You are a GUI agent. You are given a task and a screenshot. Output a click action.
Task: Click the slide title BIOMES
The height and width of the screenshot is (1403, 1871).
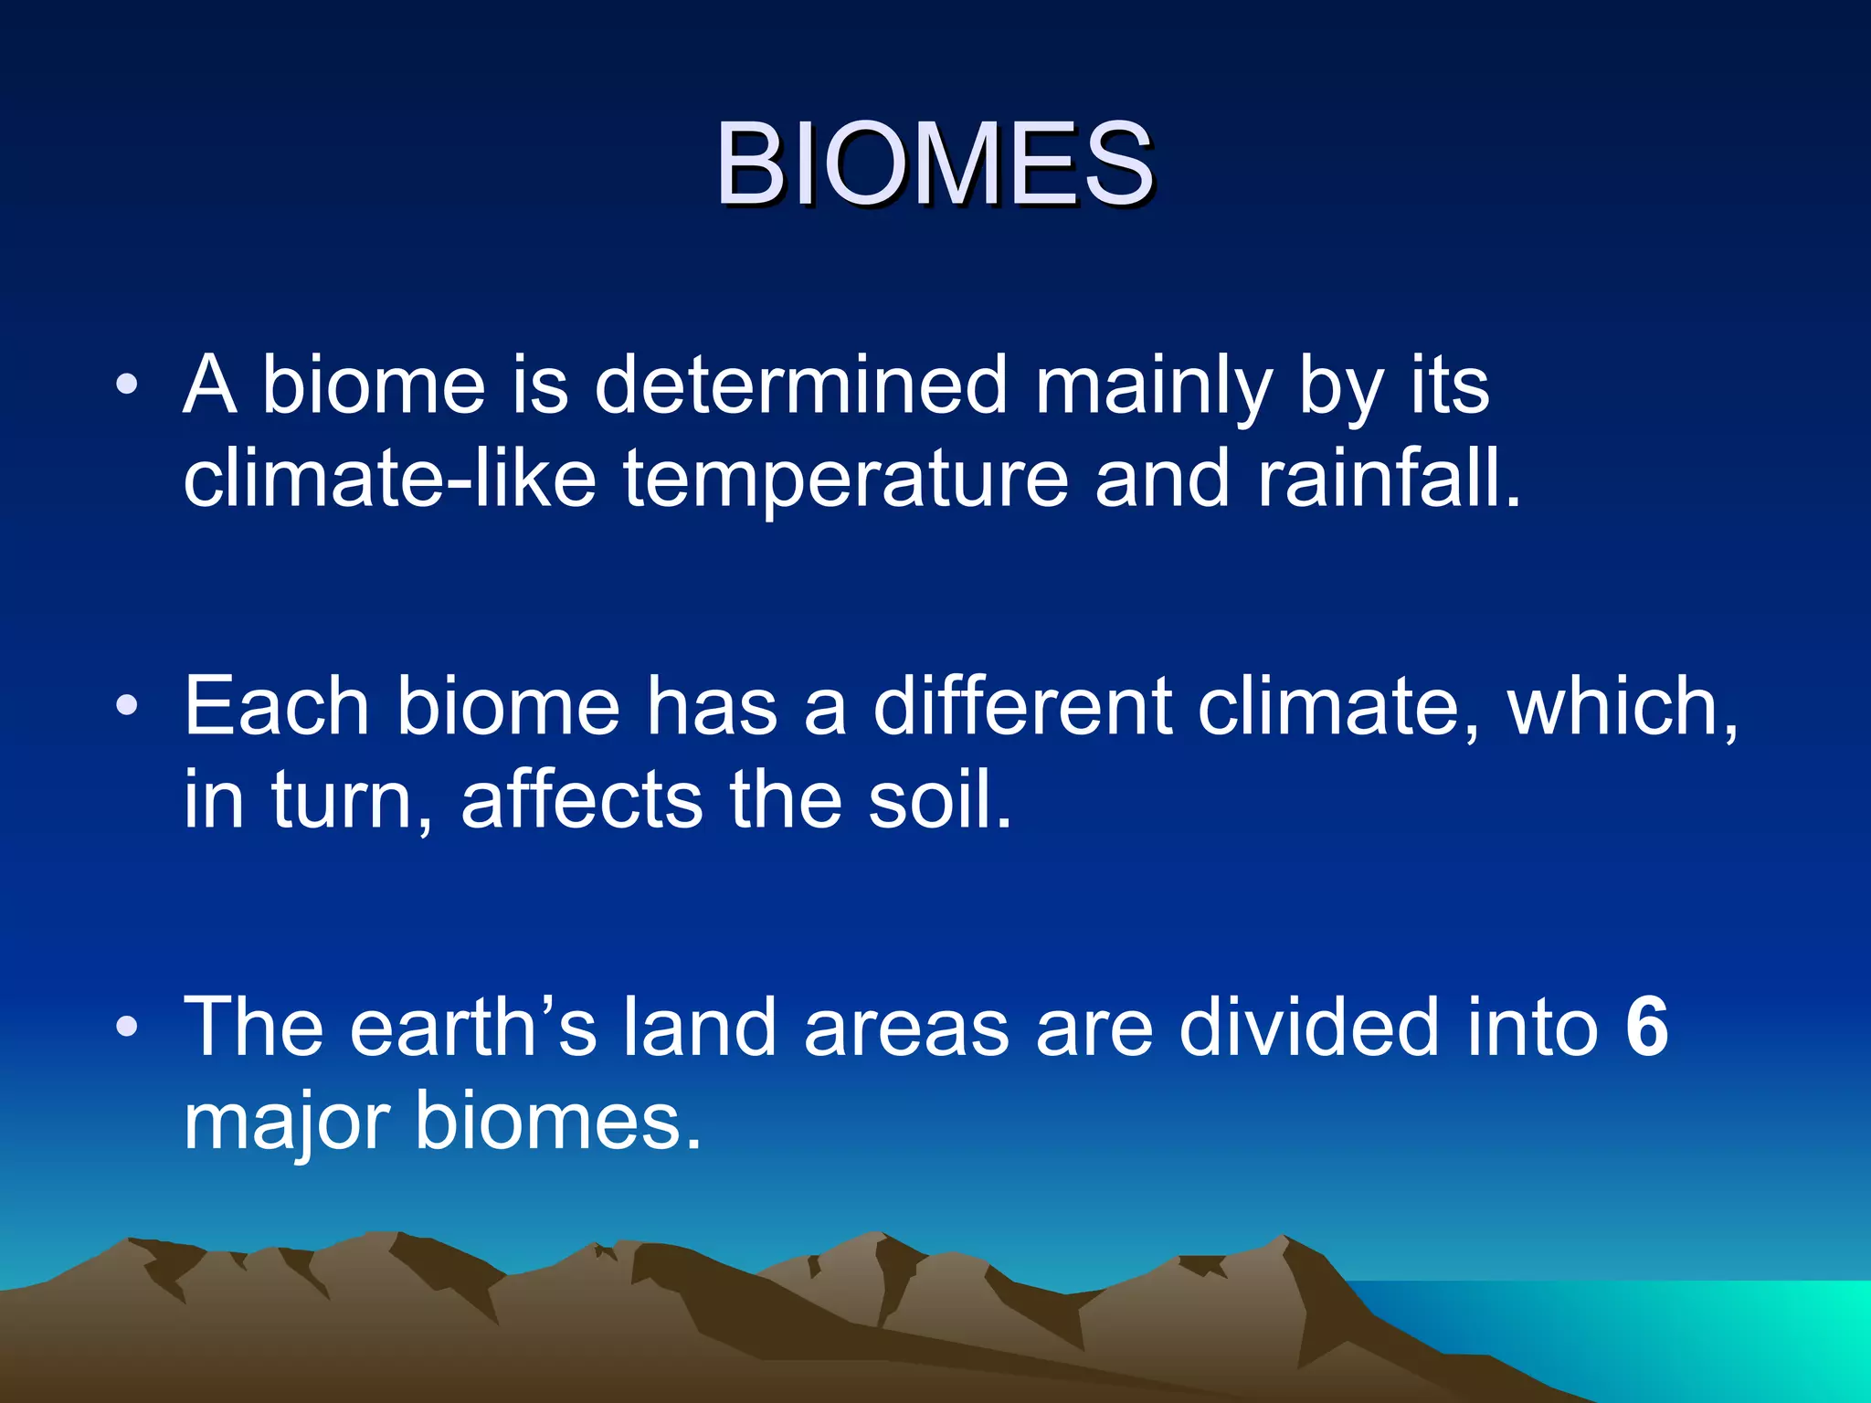click(x=934, y=164)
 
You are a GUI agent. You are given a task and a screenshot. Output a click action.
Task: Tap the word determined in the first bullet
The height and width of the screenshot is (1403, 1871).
click(x=800, y=385)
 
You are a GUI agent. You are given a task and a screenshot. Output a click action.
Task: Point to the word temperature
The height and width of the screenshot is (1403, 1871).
click(x=845, y=481)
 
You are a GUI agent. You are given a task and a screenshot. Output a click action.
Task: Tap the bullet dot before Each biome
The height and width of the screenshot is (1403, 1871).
click(x=127, y=705)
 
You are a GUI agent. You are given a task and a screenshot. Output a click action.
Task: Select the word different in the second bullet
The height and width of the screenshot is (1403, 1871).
click(x=1021, y=706)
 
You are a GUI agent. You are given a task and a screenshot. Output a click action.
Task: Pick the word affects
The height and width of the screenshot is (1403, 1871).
click(x=582, y=799)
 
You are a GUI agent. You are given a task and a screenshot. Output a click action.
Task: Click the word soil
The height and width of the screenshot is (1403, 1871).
click(x=938, y=799)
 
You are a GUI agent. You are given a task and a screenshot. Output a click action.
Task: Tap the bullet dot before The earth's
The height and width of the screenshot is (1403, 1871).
click(x=127, y=1027)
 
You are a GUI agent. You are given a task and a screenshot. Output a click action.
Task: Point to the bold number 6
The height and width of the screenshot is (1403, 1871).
click(x=1647, y=1027)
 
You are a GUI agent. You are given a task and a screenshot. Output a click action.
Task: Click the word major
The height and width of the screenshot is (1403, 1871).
click(x=287, y=1123)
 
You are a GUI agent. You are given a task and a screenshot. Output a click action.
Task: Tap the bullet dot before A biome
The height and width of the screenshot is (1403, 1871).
click(x=127, y=384)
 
